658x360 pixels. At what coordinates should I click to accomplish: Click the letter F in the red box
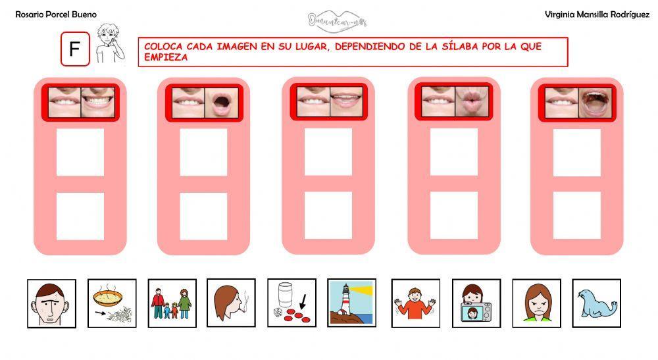click(x=74, y=50)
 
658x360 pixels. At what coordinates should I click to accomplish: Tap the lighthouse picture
click(x=351, y=303)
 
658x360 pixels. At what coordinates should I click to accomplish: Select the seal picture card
click(x=595, y=303)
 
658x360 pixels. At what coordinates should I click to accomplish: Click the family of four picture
click(x=172, y=303)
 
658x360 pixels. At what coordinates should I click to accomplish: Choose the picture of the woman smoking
click(x=231, y=303)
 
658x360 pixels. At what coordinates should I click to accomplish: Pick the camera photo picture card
click(x=476, y=303)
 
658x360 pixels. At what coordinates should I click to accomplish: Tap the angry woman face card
click(x=536, y=303)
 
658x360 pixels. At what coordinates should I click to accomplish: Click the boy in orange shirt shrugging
click(x=415, y=303)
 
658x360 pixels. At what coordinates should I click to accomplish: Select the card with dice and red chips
click(x=291, y=303)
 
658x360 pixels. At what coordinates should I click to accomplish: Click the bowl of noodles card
click(x=112, y=303)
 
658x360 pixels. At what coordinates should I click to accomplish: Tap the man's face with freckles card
click(x=51, y=303)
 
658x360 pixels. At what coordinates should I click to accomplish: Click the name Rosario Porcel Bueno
click(x=56, y=14)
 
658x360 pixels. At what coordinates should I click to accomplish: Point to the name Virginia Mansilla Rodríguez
click(x=593, y=14)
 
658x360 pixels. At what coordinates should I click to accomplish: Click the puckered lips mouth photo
click(x=472, y=101)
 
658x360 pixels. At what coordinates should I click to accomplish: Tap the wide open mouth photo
click(x=595, y=103)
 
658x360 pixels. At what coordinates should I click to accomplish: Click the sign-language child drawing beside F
click(x=108, y=44)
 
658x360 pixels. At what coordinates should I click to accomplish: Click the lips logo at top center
click(x=337, y=20)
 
